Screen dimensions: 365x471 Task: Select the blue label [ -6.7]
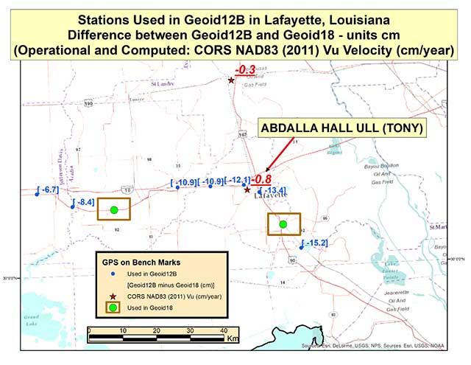click(x=47, y=190)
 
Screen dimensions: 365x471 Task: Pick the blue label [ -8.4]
click(x=82, y=202)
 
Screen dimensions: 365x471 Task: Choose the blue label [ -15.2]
click(x=315, y=243)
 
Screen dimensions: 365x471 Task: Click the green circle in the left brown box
click(x=114, y=210)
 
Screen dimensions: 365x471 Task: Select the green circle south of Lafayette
click(x=283, y=224)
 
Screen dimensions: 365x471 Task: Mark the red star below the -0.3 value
click(x=231, y=80)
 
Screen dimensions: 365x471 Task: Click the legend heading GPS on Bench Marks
click(x=141, y=262)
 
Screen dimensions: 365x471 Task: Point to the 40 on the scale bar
click(x=223, y=330)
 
